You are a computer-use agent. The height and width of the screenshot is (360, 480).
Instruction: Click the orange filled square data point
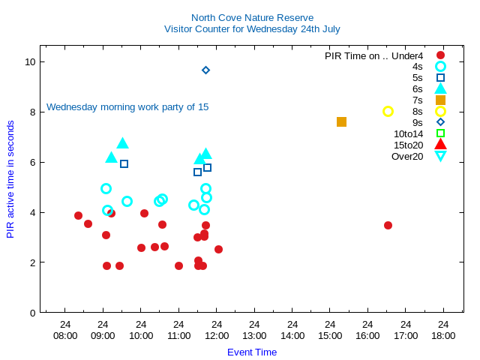pos(341,121)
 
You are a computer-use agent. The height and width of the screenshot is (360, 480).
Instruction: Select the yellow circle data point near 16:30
pos(388,111)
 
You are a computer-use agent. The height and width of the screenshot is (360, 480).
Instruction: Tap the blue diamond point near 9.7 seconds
pos(205,70)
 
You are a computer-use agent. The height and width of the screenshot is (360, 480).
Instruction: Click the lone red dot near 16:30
pos(388,225)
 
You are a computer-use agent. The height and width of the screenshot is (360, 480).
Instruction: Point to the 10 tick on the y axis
pos(31,61)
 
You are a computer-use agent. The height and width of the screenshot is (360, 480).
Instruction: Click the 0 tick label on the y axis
pos(33,313)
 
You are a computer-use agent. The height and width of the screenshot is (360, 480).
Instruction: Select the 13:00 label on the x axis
pos(254,335)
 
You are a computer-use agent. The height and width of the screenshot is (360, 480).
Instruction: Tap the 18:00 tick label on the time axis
pos(443,335)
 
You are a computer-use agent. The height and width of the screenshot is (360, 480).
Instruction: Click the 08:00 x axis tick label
pos(65,335)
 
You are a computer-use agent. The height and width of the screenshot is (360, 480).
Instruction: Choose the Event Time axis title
pos(252,352)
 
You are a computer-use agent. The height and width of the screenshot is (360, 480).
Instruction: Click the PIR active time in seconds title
pos(10,179)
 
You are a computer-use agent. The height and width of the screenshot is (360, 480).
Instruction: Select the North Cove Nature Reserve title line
pos(252,17)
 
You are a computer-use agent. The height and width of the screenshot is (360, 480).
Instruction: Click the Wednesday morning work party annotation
pos(127,106)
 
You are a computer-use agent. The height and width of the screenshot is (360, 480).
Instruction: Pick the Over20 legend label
pos(407,156)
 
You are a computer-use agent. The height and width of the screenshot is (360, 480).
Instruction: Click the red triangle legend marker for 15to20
pos(440,144)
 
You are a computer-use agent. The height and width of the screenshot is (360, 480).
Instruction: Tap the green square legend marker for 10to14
pos(440,133)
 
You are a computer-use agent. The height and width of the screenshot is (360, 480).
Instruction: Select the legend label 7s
pos(417,100)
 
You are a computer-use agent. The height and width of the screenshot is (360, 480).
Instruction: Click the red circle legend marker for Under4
pos(440,55)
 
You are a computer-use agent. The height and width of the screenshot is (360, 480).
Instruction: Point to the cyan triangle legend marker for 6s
pos(440,88)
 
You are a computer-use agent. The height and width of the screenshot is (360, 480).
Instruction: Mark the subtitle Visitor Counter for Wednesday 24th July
pos(252,28)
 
